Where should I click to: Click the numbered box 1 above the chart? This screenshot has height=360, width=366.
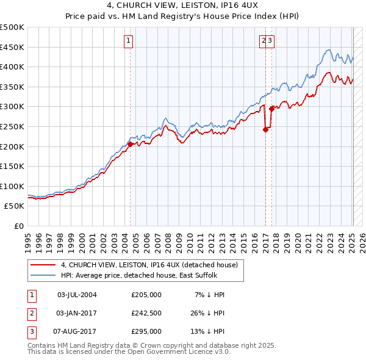pos(129,41)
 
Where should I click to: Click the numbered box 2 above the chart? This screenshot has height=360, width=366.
pos(264,41)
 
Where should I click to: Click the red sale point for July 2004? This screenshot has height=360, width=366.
pos(130,145)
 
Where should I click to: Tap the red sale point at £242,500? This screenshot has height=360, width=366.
pos(266,129)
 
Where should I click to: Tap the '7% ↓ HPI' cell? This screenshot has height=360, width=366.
pos(210,295)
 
